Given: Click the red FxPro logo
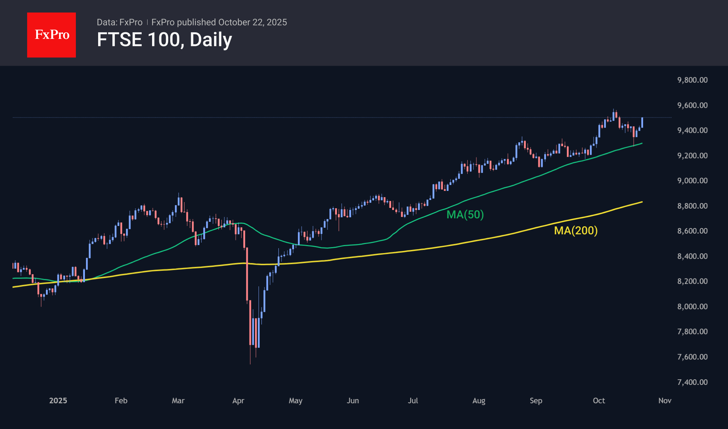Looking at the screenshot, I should click(52, 35).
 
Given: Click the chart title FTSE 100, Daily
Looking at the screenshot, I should click(164, 40).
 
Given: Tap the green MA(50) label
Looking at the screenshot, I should click(465, 214).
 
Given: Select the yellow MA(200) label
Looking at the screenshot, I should click(576, 230).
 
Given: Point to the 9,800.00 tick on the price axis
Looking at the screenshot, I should click(692, 80).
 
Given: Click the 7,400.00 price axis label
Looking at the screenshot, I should click(692, 382).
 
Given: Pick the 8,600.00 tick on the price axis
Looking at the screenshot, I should click(692, 231).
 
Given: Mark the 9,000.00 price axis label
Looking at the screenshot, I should click(692, 180).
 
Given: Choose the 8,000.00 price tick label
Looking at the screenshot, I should click(692, 306).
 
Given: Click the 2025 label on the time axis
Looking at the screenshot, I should click(58, 400).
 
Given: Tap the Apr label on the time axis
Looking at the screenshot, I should click(238, 400).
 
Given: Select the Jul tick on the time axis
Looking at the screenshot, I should click(413, 400).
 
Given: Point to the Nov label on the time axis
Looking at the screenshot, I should click(665, 400).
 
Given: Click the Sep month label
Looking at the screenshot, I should click(536, 400).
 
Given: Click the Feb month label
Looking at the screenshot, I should click(121, 400).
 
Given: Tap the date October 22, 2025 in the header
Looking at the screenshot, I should click(252, 22).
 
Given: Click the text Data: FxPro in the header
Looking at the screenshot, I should click(120, 22).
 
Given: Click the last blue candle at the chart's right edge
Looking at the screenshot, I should click(642, 123).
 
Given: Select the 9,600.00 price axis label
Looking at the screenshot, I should click(692, 105).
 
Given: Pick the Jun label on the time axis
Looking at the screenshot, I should click(353, 400).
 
